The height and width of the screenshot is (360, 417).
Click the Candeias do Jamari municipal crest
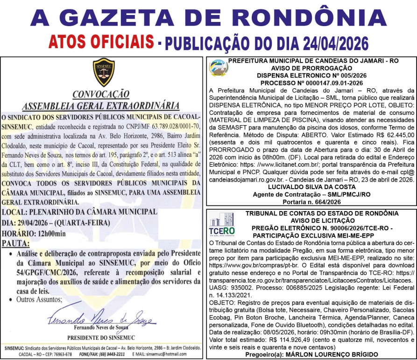[x=218, y=69]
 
